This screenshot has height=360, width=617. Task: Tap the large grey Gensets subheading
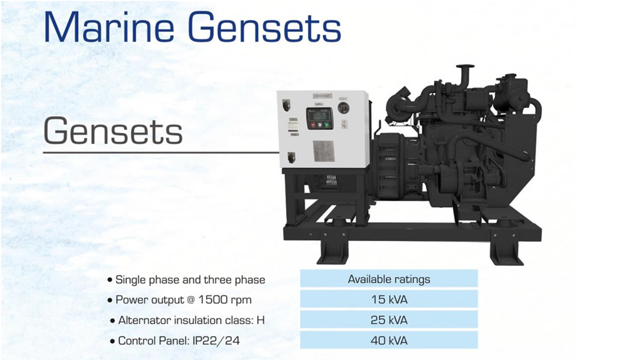click(113, 131)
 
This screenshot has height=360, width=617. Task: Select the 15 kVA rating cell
click(389, 299)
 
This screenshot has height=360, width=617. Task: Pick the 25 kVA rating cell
click(389, 320)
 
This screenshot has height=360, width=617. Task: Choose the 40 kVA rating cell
click(389, 340)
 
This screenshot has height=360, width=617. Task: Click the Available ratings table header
click(389, 279)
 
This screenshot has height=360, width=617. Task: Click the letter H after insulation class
click(261, 320)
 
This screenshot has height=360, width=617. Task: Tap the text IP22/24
click(216, 341)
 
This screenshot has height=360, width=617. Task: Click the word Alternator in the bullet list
click(144, 320)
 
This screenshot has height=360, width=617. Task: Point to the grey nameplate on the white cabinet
click(324, 151)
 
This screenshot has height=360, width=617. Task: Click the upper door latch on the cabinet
click(286, 105)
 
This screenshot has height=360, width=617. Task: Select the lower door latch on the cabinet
click(291, 157)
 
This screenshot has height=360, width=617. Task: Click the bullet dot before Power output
click(110, 300)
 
